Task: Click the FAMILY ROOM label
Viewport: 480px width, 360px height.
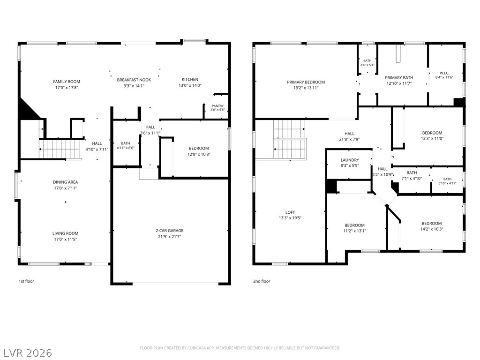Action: click(x=67, y=82)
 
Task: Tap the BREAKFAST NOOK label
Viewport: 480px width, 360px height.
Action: click(x=134, y=80)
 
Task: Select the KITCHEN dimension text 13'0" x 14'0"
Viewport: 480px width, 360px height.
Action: click(x=190, y=86)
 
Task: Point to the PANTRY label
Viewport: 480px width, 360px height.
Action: click(x=217, y=106)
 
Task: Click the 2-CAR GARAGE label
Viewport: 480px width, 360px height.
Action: click(x=170, y=231)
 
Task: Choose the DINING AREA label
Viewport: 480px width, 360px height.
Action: click(x=65, y=182)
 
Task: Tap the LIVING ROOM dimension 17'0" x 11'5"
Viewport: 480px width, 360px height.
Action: click(x=65, y=240)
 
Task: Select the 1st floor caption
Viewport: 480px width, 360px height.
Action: click(x=26, y=281)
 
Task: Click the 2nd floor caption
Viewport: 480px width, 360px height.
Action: click(x=262, y=281)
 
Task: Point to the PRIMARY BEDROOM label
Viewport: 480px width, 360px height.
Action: click(x=306, y=82)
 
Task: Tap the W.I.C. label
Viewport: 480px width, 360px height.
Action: click(x=444, y=73)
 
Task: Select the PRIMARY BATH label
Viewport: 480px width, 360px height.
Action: click(x=399, y=78)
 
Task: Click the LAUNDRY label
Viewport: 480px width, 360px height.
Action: click(x=350, y=160)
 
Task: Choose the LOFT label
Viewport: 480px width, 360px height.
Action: click(x=290, y=212)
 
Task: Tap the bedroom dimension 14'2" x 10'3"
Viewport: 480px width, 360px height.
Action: click(x=432, y=229)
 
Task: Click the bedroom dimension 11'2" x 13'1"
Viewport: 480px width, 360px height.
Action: click(x=354, y=231)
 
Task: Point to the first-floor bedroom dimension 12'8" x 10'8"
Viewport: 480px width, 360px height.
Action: click(x=199, y=154)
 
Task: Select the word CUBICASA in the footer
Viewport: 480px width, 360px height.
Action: click(x=198, y=348)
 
